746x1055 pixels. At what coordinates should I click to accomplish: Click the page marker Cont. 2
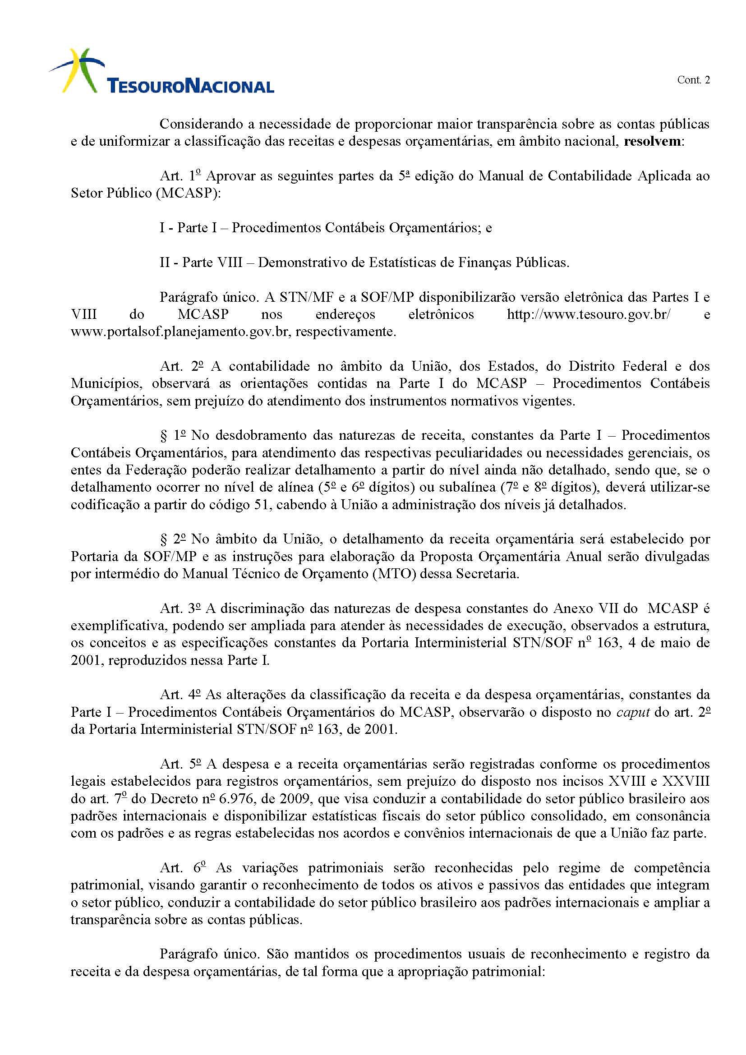tap(693, 80)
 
